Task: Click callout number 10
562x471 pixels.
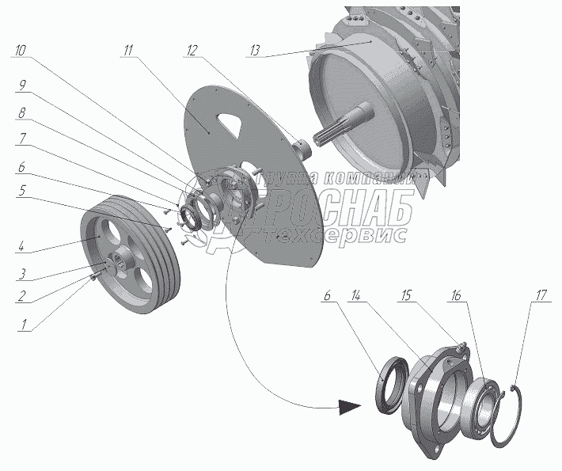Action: [21, 49]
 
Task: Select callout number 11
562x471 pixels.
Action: [129, 49]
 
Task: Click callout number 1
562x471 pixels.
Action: [24, 323]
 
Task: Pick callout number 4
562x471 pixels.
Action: [24, 247]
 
